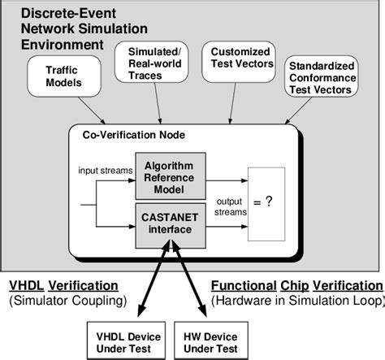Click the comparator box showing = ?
[x=266, y=202]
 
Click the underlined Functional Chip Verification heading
[x=296, y=286]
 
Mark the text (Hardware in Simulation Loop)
[x=296, y=301]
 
